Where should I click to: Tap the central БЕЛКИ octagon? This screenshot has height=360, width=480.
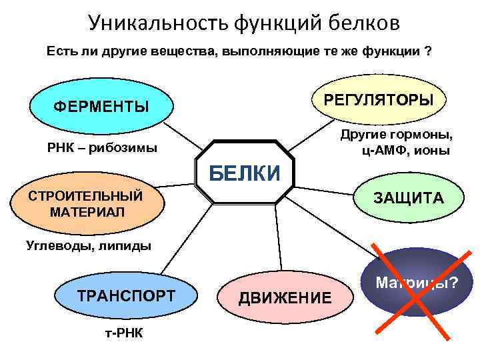pos(245,173)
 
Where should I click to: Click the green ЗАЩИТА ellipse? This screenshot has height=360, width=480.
pos(409,198)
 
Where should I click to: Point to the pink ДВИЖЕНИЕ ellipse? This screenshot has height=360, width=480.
pos(285,297)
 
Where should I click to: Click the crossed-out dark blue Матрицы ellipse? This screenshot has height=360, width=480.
pos(416,285)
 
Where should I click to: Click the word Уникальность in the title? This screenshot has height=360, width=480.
pos(157,23)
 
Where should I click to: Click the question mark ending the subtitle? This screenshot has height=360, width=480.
pos(427,51)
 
